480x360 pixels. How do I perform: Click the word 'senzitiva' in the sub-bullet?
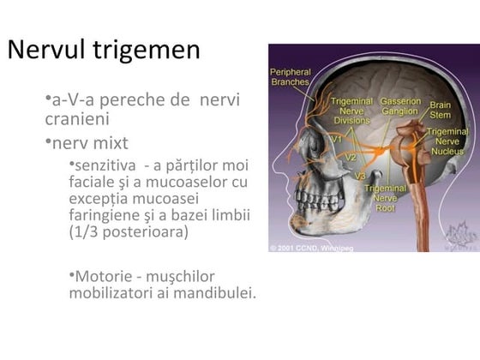tap(105, 165)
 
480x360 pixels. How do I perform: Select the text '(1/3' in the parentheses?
tap(86, 231)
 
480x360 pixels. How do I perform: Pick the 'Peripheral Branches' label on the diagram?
tap(290, 77)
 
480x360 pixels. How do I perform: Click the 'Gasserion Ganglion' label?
tap(400, 106)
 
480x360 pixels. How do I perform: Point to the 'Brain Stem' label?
tap(442, 111)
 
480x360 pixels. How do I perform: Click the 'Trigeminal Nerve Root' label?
tap(384, 196)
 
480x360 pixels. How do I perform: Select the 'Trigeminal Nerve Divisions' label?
tap(351, 111)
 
